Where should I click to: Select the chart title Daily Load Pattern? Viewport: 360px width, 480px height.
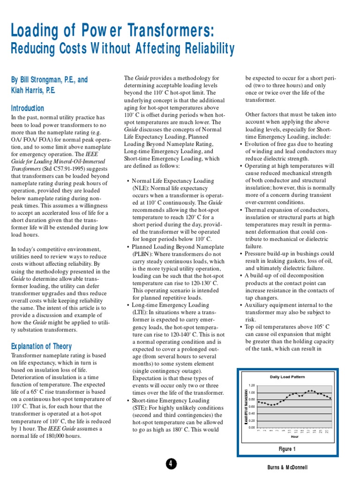(287, 377)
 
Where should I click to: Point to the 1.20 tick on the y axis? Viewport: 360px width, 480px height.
(252, 385)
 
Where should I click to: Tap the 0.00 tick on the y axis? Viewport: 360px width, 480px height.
(252, 427)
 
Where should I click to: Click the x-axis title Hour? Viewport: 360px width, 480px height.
(295, 436)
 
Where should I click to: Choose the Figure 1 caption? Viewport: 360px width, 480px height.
(287, 449)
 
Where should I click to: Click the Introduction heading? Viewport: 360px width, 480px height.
(28, 108)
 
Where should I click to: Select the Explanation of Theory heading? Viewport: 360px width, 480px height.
(42, 346)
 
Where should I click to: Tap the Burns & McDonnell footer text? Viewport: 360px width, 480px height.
(288, 467)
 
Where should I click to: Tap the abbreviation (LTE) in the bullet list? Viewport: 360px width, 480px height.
(140, 313)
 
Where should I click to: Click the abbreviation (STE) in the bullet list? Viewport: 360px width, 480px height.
(140, 408)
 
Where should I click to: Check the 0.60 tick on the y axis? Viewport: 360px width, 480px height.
(252, 406)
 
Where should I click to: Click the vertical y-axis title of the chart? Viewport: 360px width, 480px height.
(246, 406)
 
